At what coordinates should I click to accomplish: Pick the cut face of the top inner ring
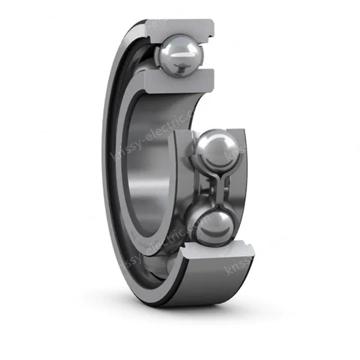(x=180, y=80)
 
